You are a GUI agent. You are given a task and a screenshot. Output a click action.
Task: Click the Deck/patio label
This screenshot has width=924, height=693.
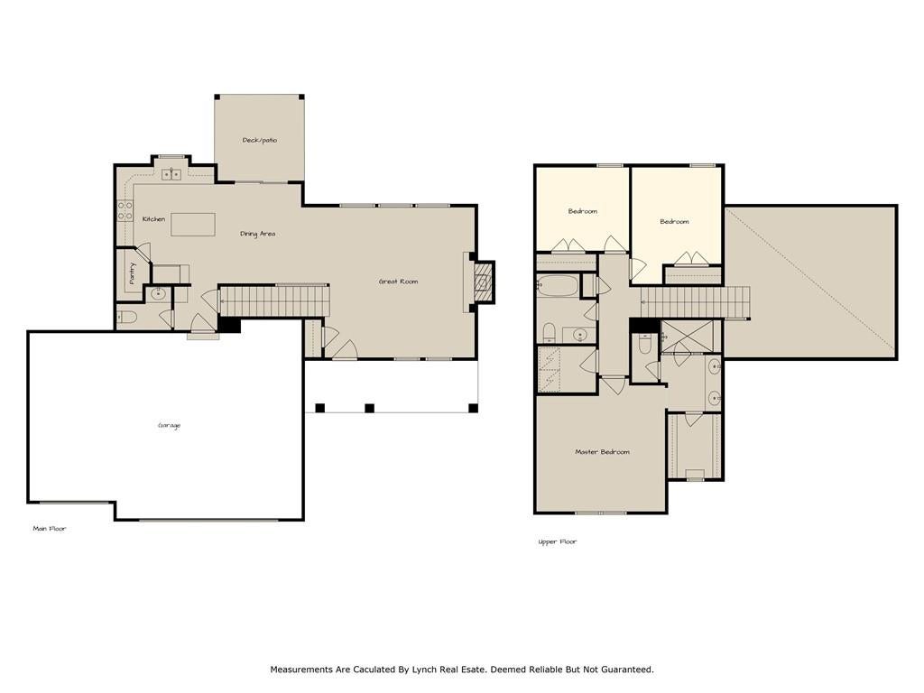(x=259, y=140)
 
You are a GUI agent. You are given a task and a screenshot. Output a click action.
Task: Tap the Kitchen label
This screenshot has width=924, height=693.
(x=153, y=219)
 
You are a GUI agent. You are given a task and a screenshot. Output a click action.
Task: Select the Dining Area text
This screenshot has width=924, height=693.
(x=257, y=234)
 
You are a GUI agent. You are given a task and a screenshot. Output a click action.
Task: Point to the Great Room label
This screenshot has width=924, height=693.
(x=398, y=282)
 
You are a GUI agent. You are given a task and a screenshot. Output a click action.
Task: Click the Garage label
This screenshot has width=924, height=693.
(x=169, y=426)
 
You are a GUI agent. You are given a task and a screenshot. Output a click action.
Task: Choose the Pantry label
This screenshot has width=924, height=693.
(x=132, y=273)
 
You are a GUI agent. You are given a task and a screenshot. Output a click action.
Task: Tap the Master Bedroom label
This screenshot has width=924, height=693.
(x=602, y=452)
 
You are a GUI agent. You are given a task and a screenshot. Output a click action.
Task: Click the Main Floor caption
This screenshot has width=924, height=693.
(x=50, y=529)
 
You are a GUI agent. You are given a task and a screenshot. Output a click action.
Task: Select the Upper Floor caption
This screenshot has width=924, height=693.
(x=558, y=541)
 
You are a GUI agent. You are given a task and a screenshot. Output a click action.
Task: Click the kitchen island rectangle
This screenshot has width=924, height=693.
(x=193, y=225)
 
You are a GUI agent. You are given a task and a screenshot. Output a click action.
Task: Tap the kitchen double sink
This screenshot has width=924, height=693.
(x=171, y=174)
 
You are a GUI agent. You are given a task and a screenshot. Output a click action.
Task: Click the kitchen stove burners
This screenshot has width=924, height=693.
(x=125, y=211)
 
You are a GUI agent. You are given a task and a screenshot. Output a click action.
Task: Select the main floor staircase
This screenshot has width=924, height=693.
(x=273, y=300)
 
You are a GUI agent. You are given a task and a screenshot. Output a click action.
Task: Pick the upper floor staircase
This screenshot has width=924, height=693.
(x=696, y=301)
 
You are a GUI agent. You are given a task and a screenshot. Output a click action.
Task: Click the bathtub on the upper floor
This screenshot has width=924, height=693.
(x=558, y=286)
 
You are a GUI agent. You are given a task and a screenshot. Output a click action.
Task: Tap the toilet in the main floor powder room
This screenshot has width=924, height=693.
(x=126, y=318)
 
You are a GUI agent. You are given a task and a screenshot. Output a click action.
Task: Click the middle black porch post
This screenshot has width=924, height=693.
(x=369, y=408)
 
